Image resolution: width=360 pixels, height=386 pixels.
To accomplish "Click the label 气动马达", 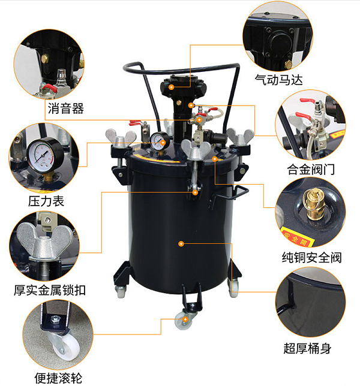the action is tap(278, 80).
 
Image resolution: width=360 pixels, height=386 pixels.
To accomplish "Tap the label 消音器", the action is tap(65, 108).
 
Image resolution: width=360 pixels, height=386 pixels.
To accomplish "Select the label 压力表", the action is tap(46, 201).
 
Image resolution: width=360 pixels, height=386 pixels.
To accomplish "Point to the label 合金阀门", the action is tap(311, 170).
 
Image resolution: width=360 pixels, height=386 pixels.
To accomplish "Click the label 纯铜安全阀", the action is tap(312, 258).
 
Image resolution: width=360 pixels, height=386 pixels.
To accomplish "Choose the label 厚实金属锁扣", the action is tap(50, 290).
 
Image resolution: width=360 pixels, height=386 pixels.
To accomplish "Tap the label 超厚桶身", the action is tap(307, 348).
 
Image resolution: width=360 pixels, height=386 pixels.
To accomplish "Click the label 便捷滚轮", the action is tap(58, 378).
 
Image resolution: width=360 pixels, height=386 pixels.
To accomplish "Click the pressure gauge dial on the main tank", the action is tap(160, 141).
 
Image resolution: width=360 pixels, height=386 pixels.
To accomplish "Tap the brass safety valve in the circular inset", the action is tap(313, 204).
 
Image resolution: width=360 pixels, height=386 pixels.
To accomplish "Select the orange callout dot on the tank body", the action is tap(181, 244).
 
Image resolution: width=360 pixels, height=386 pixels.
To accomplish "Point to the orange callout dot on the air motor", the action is tap(171, 87).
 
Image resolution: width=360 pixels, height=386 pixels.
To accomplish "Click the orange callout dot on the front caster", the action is tap(185, 319).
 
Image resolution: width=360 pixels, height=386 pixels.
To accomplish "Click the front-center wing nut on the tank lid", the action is tap(196, 149).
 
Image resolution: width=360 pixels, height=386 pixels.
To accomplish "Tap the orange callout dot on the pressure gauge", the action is tap(163, 143).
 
